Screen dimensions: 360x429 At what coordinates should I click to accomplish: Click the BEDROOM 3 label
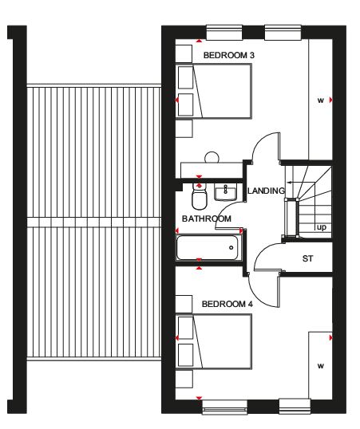point(229,55)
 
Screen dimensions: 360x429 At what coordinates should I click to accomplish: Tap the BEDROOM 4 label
point(227,304)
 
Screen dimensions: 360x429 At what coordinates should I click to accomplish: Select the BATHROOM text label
point(207,218)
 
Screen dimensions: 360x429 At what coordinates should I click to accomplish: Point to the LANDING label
point(266,191)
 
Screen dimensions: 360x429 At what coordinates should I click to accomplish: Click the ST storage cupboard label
point(307,258)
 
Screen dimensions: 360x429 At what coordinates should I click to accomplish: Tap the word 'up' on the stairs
point(322,227)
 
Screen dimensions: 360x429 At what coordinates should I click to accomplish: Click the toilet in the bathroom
point(200,196)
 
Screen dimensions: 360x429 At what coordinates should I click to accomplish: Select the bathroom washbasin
point(225,192)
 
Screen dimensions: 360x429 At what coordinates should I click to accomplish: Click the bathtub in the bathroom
point(208,248)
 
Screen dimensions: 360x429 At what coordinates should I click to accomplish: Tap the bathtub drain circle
point(231,248)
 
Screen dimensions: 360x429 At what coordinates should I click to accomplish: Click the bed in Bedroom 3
point(214,91)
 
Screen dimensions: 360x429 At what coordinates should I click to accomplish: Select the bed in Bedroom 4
point(214,341)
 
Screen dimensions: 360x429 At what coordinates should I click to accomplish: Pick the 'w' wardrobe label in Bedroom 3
point(321,100)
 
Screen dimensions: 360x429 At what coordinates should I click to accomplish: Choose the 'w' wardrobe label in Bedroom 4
point(321,366)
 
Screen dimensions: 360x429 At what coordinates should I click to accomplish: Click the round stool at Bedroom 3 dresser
point(212,157)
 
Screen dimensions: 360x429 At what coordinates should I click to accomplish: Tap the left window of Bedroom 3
point(224,33)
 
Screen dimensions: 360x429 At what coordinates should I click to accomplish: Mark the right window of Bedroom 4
point(295,406)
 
